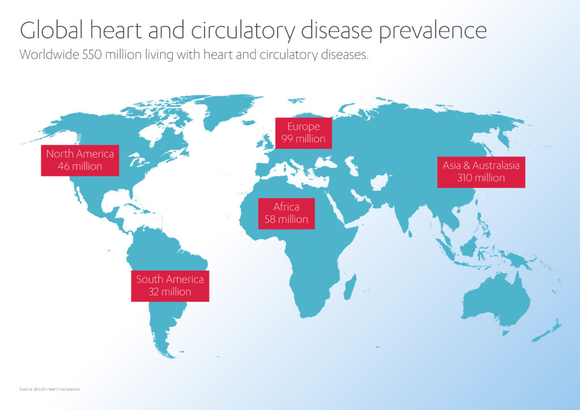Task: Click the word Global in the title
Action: click(52, 30)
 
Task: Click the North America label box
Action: click(80, 160)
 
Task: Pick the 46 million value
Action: click(80, 166)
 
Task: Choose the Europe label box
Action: click(304, 133)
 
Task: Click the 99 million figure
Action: click(304, 139)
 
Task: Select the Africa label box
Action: click(286, 213)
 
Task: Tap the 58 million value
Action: click(286, 220)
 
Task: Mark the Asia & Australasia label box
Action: click(481, 172)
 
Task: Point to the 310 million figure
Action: click(481, 178)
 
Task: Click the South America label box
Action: click(170, 286)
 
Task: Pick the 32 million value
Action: click(170, 292)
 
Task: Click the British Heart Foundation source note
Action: click(50, 389)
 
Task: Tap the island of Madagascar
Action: click(349, 287)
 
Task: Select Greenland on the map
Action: click(229, 109)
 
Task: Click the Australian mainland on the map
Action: click(496, 300)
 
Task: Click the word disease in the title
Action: click(336, 30)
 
